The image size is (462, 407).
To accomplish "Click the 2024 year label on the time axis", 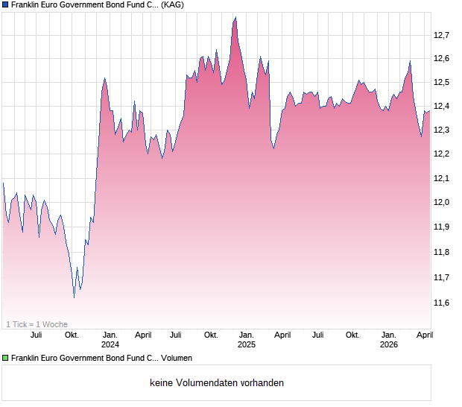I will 110,345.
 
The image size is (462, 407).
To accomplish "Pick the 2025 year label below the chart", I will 246,345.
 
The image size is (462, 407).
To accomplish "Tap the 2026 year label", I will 389,345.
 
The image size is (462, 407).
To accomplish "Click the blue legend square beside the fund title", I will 5,5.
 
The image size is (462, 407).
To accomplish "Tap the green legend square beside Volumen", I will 5,359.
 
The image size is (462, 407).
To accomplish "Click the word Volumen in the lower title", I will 177,359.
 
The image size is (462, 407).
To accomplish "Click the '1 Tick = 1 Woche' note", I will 37,324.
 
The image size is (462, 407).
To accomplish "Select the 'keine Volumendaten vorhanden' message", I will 217,383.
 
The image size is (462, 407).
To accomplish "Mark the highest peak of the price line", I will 235,17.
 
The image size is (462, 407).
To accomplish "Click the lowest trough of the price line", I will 74,297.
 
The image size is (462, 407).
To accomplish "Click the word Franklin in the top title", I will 28,5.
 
